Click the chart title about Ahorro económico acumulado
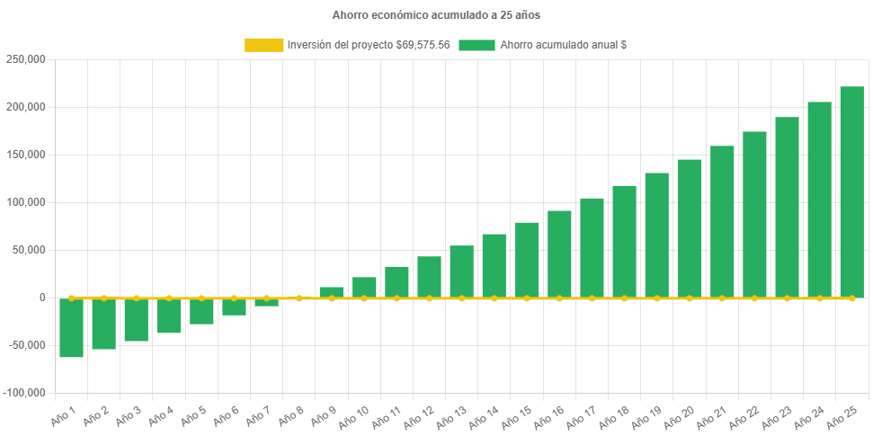[x=436, y=15]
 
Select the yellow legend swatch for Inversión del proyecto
[x=263, y=45]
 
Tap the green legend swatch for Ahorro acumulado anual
[x=477, y=45]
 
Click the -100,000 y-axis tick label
[x=24, y=393]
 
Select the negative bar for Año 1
[x=71, y=328]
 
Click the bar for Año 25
[x=851, y=191]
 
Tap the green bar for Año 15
[x=527, y=260]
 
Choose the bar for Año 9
[x=331, y=292]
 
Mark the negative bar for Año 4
[x=169, y=316]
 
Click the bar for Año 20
[x=689, y=228]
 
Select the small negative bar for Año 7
[x=266, y=302]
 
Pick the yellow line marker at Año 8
[x=298, y=298]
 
